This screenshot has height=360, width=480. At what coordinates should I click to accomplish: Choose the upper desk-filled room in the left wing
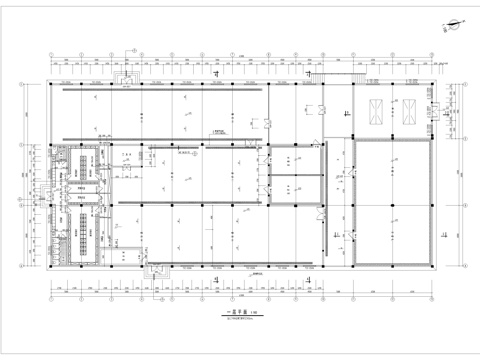78,162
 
